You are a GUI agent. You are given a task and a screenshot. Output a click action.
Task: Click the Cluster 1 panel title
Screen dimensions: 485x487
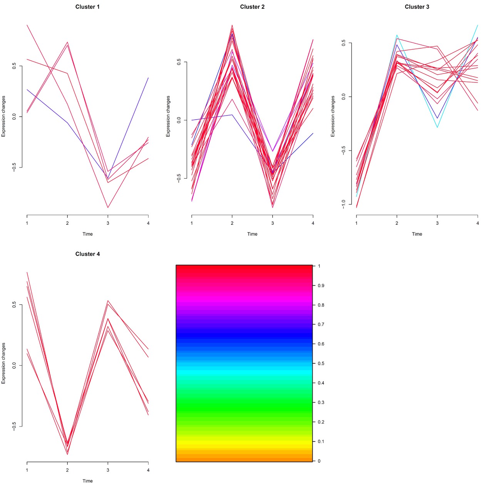(x=87, y=7)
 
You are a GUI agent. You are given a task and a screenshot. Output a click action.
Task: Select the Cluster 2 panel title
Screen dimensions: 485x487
(x=252, y=7)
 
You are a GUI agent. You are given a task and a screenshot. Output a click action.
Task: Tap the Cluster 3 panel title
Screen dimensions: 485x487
(x=417, y=7)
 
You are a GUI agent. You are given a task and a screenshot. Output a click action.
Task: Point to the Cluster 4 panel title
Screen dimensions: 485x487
(x=87, y=254)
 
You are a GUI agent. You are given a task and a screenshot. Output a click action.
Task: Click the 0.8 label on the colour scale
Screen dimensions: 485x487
(x=321, y=305)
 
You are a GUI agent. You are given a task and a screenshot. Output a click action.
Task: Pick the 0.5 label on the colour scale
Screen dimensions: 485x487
(x=321, y=364)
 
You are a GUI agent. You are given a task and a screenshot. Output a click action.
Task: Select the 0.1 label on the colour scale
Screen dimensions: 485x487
(x=321, y=442)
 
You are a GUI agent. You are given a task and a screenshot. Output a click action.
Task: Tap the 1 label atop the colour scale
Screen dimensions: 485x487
(x=319, y=266)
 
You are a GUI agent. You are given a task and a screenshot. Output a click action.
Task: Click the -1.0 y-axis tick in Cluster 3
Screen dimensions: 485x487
(x=344, y=204)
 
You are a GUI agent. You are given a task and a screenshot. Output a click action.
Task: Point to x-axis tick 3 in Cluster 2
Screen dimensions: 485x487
(x=273, y=223)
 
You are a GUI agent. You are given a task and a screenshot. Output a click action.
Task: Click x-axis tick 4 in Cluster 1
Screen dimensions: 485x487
(x=148, y=223)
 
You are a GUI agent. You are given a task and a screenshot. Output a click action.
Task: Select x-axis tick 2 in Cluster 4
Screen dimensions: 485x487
(x=67, y=470)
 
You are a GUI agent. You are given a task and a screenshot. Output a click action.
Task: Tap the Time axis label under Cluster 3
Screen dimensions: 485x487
(x=417, y=234)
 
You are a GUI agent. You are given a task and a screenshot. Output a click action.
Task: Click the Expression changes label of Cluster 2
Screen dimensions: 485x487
(x=168, y=116)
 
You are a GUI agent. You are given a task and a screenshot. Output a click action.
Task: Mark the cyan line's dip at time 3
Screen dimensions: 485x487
(x=437, y=127)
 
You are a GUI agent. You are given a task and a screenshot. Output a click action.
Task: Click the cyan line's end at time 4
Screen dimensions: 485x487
(x=477, y=25)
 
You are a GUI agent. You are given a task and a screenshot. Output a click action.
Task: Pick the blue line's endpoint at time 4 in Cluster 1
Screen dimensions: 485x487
(x=148, y=78)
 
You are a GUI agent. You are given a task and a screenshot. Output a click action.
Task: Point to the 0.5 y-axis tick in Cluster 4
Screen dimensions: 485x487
(x=14, y=304)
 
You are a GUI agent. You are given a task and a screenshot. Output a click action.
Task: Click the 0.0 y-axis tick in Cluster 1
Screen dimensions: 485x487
(x=14, y=116)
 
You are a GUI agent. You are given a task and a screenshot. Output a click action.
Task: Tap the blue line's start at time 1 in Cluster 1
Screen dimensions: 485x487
(x=27, y=89)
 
